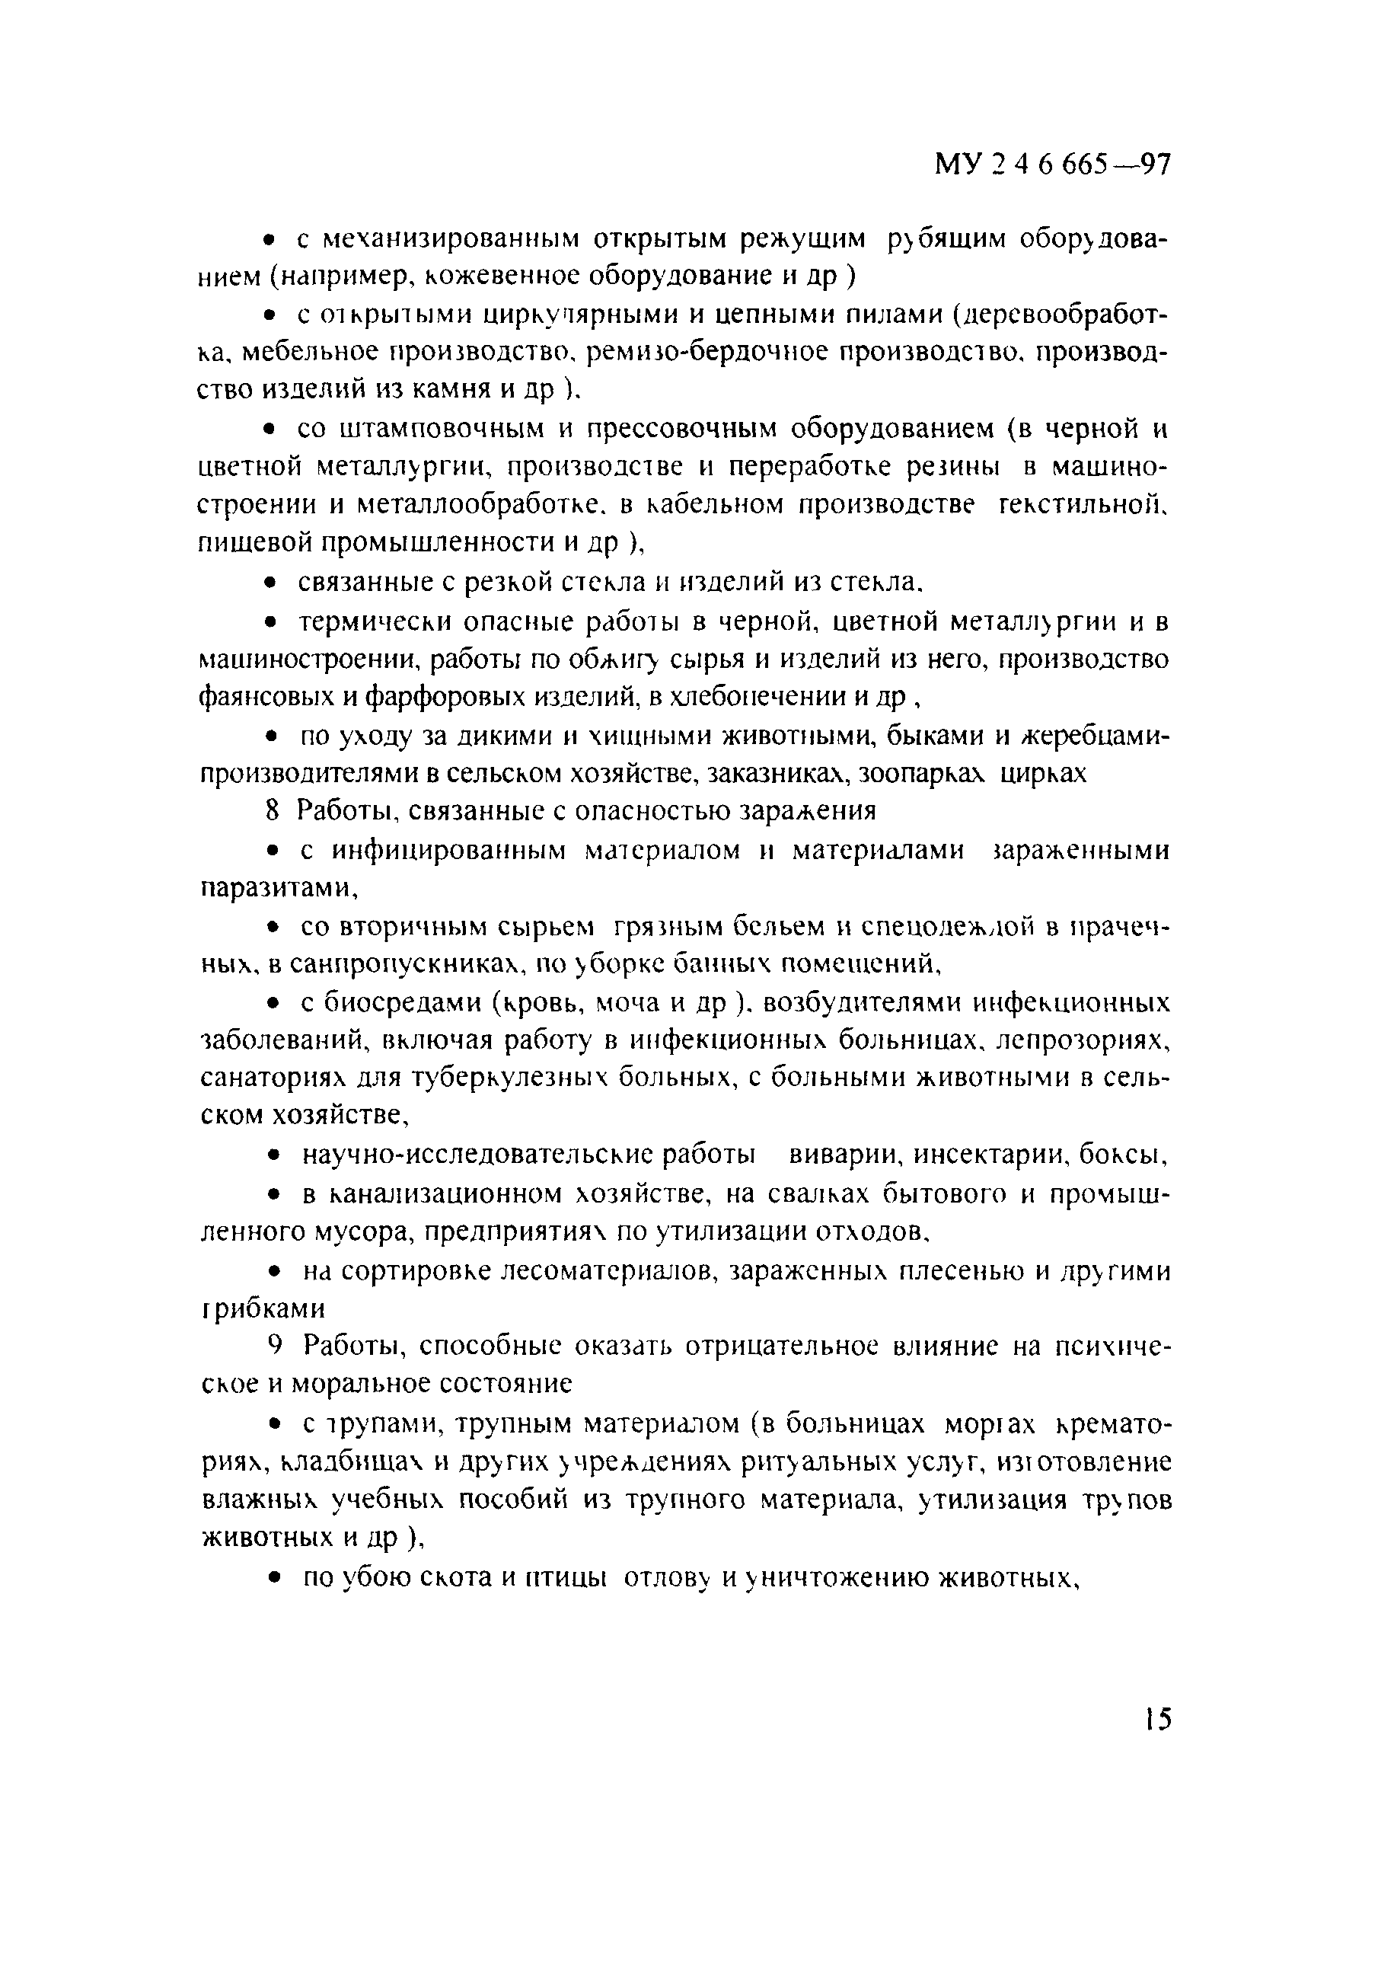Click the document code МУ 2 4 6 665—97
1052,164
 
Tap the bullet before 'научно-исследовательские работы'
273,1155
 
